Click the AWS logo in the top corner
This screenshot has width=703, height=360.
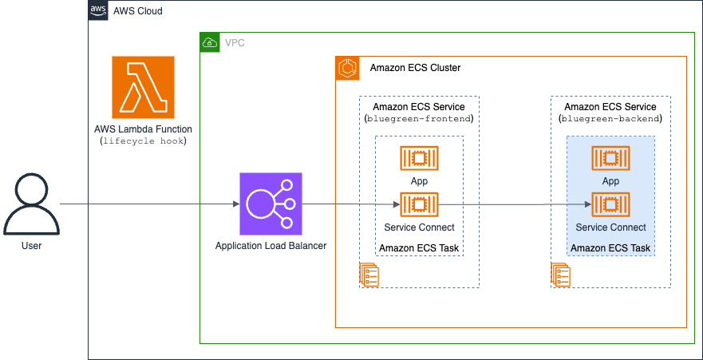click(x=98, y=10)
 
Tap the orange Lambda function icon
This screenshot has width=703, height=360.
click(x=143, y=87)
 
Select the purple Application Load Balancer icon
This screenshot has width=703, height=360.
click(x=271, y=204)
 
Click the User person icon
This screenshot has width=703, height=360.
click(x=31, y=204)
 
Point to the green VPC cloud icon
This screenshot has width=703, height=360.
click(x=210, y=42)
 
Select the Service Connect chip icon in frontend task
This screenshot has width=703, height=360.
click(x=419, y=204)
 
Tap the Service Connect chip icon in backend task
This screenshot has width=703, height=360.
click(x=610, y=204)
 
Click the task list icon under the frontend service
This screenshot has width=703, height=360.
click(x=369, y=274)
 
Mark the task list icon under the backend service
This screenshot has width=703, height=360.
click(x=560, y=274)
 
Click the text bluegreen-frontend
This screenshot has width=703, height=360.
click(x=419, y=119)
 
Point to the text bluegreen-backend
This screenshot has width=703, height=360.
click(x=610, y=119)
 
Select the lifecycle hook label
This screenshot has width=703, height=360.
click(x=143, y=140)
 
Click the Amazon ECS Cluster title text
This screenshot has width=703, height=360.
click(x=415, y=68)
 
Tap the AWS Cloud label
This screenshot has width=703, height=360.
click(x=137, y=11)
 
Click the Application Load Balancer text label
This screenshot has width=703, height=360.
click(x=271, y=246)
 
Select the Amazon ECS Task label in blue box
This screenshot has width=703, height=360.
click(x=610, y=248)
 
